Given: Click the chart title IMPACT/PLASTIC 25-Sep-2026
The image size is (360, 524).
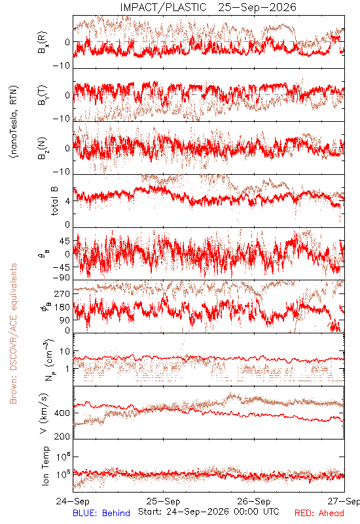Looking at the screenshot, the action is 208,7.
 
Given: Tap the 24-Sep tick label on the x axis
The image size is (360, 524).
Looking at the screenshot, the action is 73,501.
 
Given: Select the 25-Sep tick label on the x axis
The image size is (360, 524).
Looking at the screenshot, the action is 163,501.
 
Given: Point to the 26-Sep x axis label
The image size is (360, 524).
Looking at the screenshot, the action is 254,501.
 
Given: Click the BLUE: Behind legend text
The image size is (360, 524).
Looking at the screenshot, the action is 101,513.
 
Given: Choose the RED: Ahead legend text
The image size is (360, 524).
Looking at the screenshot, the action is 319,513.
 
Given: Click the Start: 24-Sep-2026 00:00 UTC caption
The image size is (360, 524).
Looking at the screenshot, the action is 209,512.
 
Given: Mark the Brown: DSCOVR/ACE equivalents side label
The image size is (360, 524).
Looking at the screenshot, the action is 13,333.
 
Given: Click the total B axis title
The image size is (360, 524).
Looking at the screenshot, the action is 54,201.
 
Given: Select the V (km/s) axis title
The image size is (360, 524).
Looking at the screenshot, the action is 44,413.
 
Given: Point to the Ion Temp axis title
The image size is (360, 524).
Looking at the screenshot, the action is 45,466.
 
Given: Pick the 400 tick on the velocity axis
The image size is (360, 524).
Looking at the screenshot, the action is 62,413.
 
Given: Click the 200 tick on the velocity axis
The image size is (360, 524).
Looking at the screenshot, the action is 62,436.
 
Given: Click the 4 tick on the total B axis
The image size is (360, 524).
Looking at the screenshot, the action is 68,201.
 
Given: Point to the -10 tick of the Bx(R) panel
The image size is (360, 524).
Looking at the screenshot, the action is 62,65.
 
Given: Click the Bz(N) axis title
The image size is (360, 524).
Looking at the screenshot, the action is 43,148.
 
